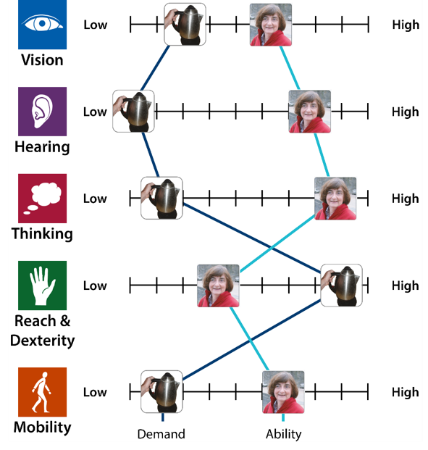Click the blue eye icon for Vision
point(42,25)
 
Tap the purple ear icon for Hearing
point(42,112)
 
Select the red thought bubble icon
point(42,199)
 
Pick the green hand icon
point(42,286)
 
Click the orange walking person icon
point(42,392)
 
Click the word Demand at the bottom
point(161,434)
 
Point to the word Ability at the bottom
point(284,435)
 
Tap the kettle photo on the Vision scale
point(185,25)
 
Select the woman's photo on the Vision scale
point(271,25)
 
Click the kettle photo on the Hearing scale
point(133,111)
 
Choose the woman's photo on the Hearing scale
point(310,112)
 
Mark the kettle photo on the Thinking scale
point(161,198)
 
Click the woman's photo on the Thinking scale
point(335,199)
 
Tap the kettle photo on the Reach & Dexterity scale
point(341,286)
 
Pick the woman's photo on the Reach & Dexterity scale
point(218,286)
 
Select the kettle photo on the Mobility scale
point(161,391)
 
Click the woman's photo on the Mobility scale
point(283,392)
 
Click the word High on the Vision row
point(406,25)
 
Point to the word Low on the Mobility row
point(95,392)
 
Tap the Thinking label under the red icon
point(42,233)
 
